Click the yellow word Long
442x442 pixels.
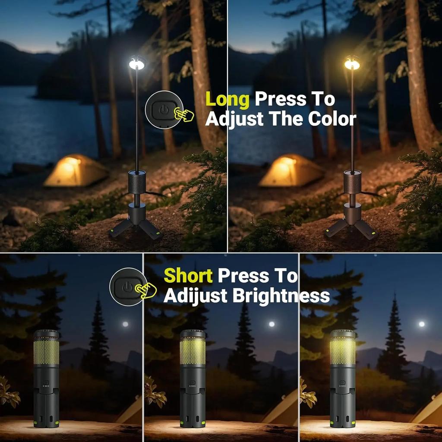tap(227, 100)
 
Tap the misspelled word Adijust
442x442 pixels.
tap(195, 296)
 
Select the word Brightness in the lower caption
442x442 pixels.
tap(281, 296)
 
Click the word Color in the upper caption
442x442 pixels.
tap(332, 119)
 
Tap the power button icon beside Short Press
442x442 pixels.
tap(126, 287)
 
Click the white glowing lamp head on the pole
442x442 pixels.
tap(136, 64)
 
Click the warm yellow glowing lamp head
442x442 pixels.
tap(352, 64)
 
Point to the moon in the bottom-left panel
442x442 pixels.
tap(125, 324)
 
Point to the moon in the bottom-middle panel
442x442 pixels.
tap(272, 324)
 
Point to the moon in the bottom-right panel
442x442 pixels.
tap(421, 324)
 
